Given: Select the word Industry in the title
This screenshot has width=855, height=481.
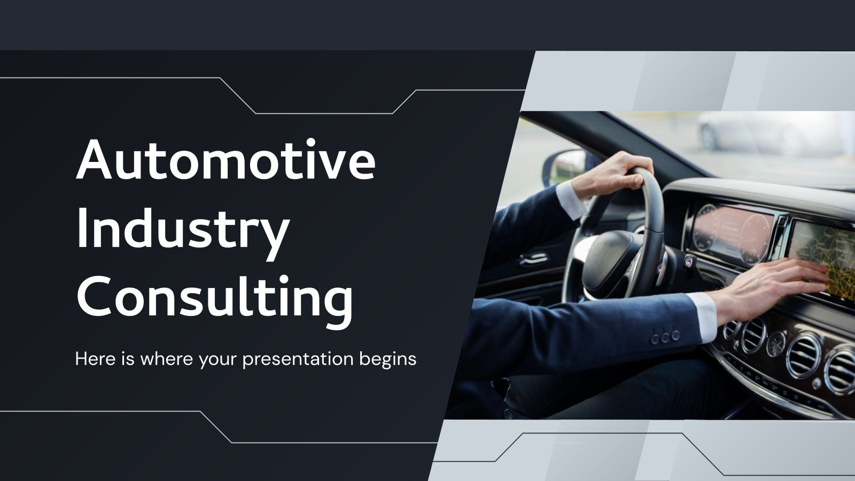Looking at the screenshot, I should [183, 230].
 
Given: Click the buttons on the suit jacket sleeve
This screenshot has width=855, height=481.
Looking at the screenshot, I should [664, 337].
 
